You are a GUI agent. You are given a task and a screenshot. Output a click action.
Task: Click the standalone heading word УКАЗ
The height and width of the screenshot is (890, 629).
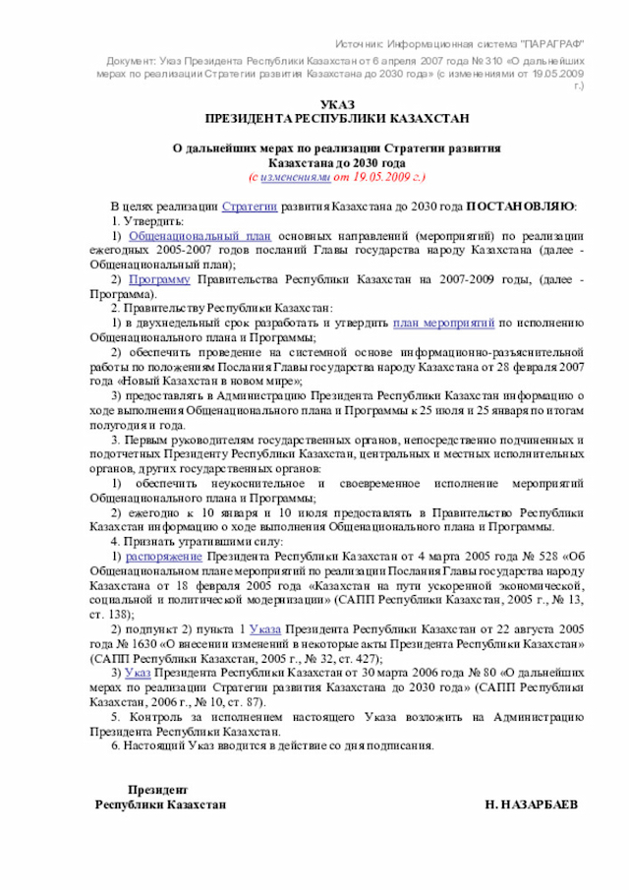point(337,104)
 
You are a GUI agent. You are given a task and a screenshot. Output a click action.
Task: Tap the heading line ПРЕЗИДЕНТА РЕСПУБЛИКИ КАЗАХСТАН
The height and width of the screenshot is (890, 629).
point(337,118)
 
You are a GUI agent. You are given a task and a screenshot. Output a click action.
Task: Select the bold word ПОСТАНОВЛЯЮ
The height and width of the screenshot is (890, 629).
point(520,206)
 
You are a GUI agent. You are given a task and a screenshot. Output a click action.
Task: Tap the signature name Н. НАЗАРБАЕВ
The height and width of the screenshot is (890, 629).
point(532,803)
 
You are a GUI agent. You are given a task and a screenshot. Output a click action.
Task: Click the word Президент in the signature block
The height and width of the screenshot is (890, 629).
point(158,790)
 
